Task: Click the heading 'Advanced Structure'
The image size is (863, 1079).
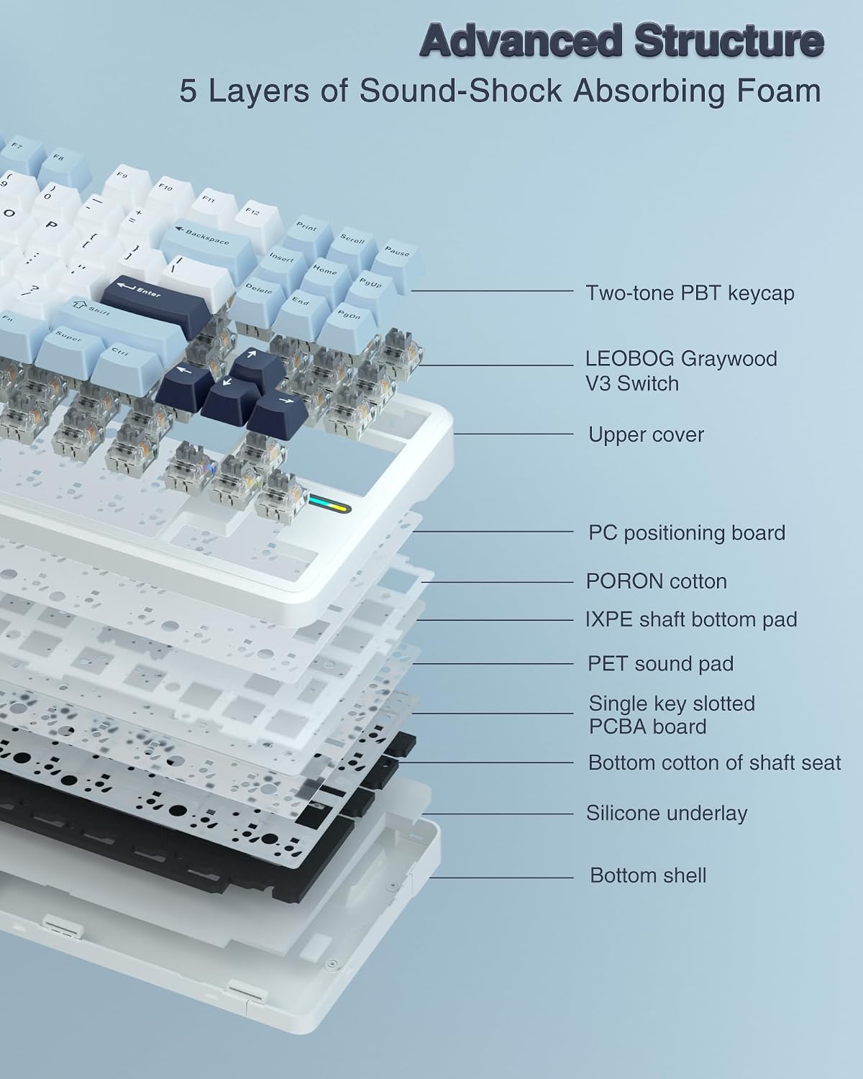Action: click(x=622, y=41)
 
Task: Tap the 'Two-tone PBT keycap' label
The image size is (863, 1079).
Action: click(x=690, y=293)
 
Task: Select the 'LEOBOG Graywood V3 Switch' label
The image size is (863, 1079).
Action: click(x=681, y=371)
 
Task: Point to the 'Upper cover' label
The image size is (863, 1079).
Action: click(x=646, y=434)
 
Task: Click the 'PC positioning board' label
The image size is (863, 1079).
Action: click(x=687, y=533)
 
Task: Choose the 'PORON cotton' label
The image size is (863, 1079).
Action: click(x=657, y=582)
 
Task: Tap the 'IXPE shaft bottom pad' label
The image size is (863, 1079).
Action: click(x=692, y=620)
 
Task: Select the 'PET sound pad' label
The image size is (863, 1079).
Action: click(x=660, y=664)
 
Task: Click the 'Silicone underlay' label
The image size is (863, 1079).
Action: click(x=667, y=813)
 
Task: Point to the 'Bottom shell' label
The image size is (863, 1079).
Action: click(x=648, y=875)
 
